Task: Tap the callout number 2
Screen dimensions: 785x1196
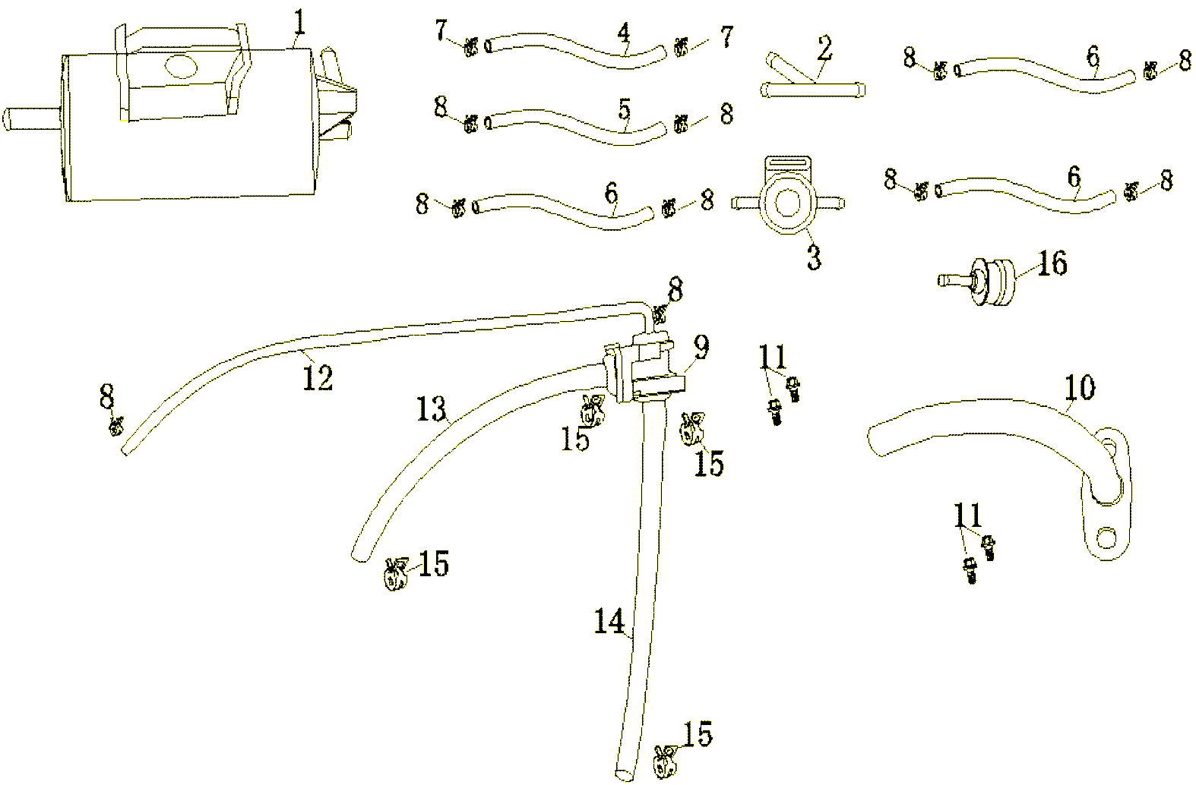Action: [824, 50]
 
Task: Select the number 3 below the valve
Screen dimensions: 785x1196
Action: [813, 257]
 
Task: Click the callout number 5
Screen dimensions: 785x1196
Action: [624, 109]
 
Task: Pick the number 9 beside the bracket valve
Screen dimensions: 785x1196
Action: [701, 348]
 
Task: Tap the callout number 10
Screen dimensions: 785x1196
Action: [1080, 387]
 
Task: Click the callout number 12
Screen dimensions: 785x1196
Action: [318, 377]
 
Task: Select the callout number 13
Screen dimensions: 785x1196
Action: [431, 410]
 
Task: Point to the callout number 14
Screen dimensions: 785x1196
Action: [609, 623]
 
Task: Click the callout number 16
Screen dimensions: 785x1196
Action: [1052, 264]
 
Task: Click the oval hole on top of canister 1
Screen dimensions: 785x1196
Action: [180, 68]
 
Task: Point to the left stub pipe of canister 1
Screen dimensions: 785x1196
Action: [29, 118]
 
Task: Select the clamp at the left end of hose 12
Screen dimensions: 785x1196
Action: [116, 427]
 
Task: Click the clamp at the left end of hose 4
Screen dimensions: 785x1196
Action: [470, 47]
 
